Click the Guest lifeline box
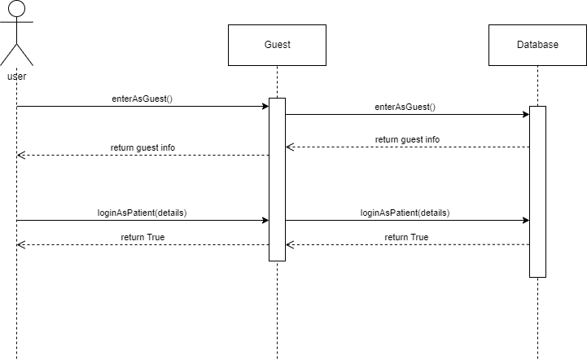(x=277, y=45)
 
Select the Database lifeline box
(x=537, y=45)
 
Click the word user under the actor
(x=16, y=76)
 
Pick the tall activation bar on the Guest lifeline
(x=277, y=179)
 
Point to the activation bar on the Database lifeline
(x=537, y=191)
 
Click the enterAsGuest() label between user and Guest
(x=142, y=99)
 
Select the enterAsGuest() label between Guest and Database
(x=405, y=107)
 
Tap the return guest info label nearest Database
(x=407, y=139)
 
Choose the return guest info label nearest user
(x=142, y=147)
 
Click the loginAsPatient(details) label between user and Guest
(x=142, y=213)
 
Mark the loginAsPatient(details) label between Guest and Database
(x=405, y=213)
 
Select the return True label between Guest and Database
(x=406, y=237)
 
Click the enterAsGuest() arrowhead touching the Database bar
(x=525, y=114)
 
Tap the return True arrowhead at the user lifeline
(x=20, y=244)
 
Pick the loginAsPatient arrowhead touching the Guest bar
(x=265, y=220)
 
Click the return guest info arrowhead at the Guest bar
(x=289, y=147)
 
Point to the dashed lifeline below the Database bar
(x=537, y=318)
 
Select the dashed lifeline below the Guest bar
(x=277, y=310)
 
